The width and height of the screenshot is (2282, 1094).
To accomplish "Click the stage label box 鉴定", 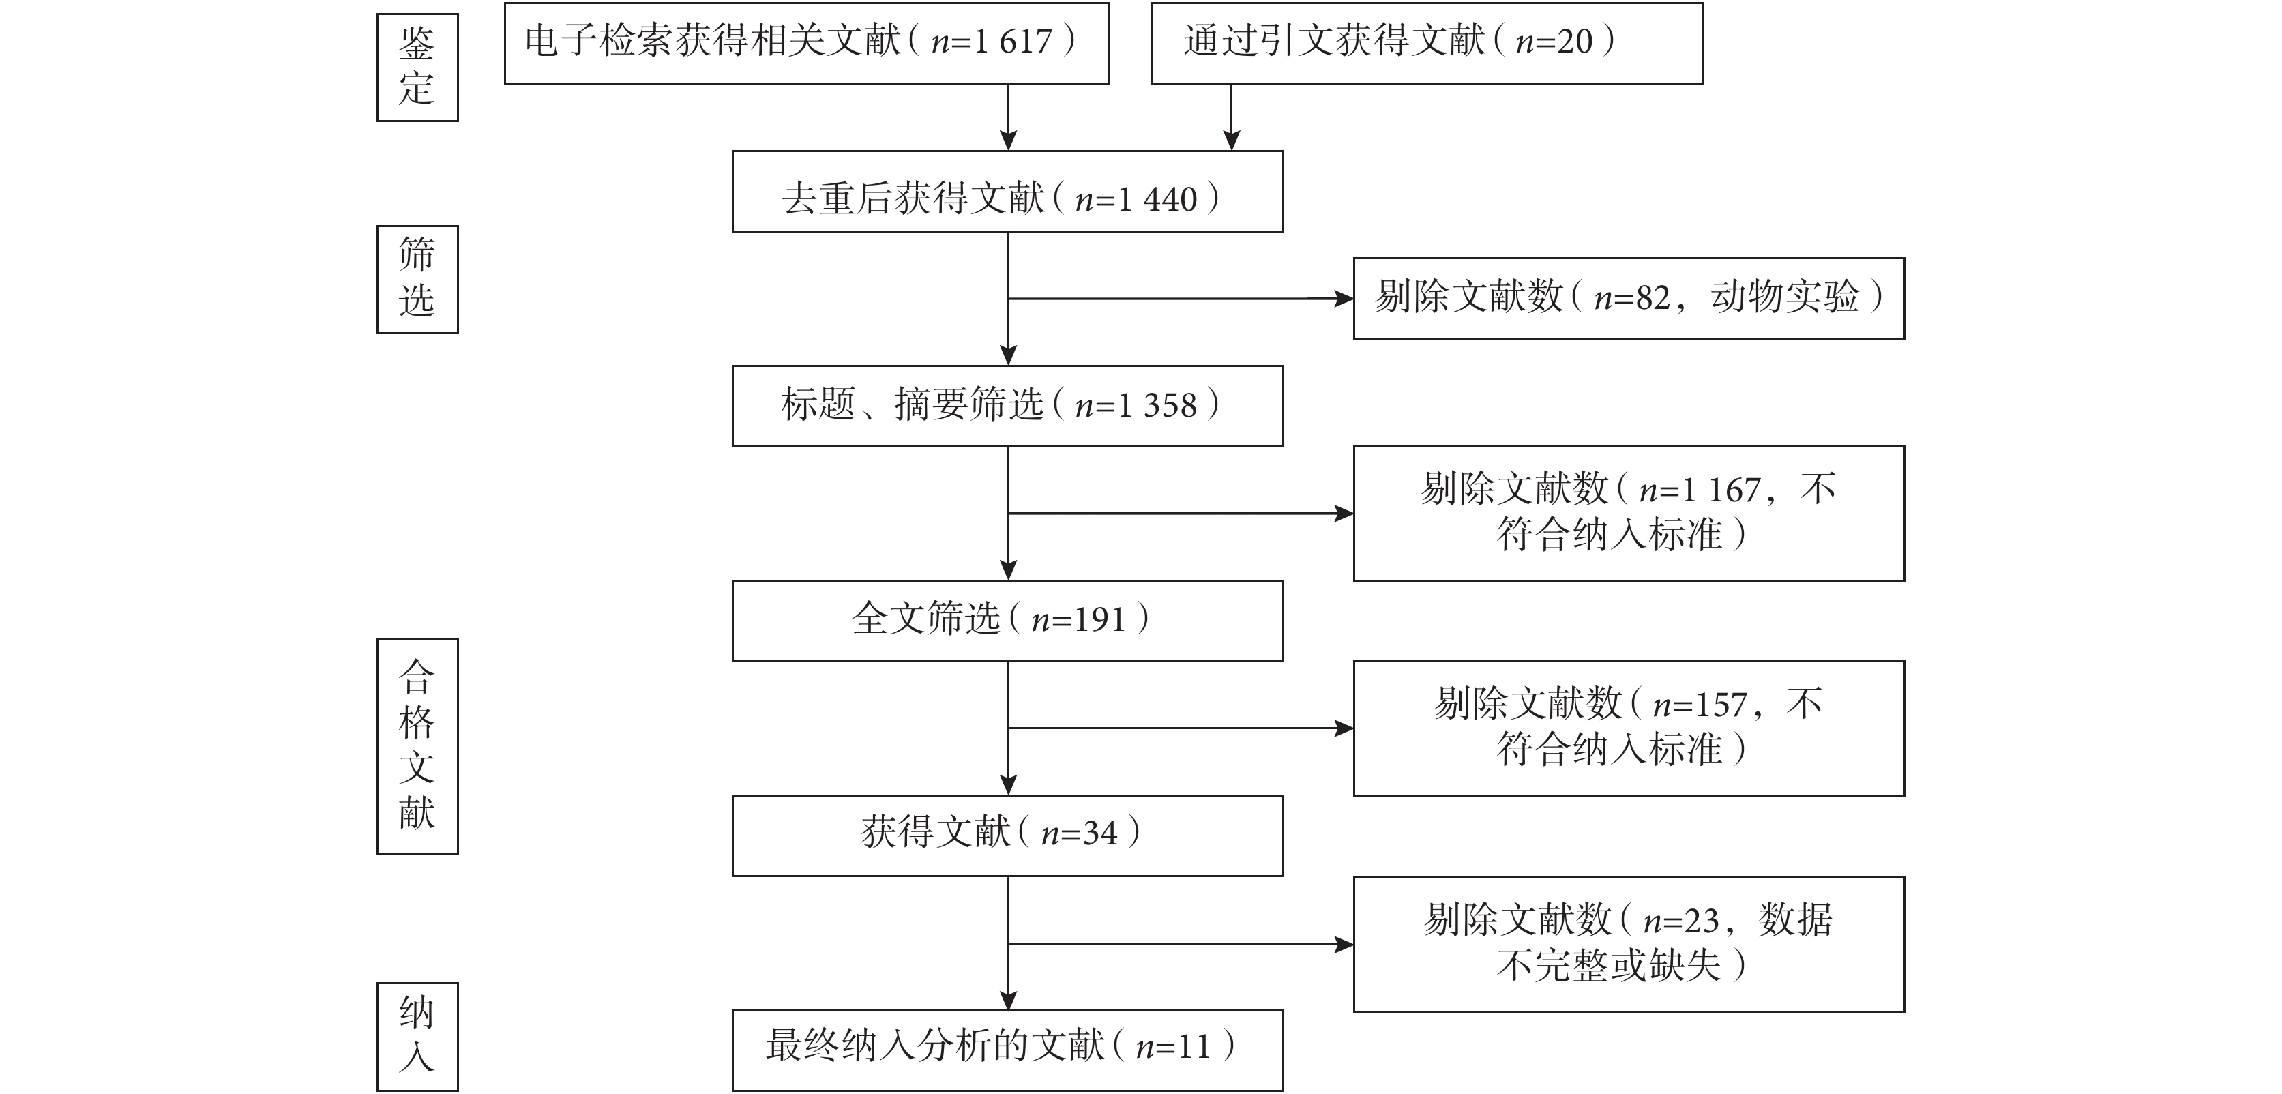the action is click(x=417, y=68).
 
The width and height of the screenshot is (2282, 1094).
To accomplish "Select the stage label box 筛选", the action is click(x=417, y=279).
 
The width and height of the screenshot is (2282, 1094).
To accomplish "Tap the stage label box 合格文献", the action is click(x=417, y=747).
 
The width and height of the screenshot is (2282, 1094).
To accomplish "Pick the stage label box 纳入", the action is click(x=417, y=1037).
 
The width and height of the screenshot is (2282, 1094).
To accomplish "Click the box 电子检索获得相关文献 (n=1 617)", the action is click(x=807, y=44).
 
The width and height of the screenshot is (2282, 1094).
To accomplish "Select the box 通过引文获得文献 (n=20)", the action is click(x=1427, y=44).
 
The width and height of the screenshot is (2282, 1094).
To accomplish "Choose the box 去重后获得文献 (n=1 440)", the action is click(x=1007, y=192).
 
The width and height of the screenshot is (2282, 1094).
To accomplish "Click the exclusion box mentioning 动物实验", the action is click(x=1629, y=299).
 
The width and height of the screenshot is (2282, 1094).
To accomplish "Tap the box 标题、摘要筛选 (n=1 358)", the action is click(x=1007, y=406).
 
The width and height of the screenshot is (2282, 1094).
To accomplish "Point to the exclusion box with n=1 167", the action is click(x=1629, y=514).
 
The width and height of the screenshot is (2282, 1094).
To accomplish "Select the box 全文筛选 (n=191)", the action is click(x=1007, y=621).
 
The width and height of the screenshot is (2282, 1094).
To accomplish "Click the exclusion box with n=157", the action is click(x=1629, y=728).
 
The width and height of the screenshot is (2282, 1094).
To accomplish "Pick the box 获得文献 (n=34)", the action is click(x=1007, y=836).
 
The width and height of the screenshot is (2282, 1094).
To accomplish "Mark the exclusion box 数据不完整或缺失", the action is click(x=1629, y=945).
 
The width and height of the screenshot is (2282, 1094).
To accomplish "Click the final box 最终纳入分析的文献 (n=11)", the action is click(x=1007, y=1050).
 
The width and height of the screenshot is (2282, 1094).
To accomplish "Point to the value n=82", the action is click(x=1632, y=297).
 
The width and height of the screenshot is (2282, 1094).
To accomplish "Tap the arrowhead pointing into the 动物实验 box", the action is click(x=1344, y=299).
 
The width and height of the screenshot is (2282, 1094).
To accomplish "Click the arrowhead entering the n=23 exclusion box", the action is click(x=1344, y=945).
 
